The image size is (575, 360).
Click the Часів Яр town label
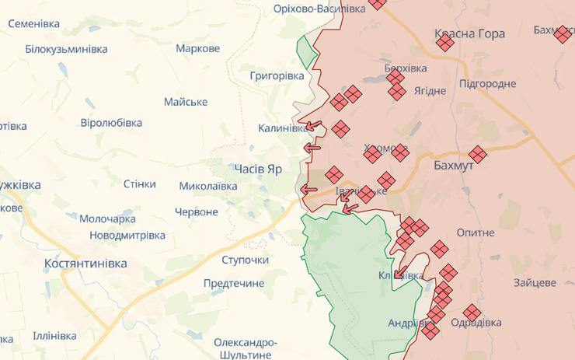258,168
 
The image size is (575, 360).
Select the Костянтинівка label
85,263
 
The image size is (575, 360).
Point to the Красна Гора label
469,33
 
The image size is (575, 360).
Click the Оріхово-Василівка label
319,9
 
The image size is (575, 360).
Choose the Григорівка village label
277,75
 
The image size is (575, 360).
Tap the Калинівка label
283,128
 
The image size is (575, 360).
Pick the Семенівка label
34,23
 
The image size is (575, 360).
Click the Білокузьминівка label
66,49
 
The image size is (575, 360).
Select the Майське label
186,102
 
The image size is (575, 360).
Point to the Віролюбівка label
111,123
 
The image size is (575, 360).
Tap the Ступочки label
245,260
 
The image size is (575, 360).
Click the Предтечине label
234,283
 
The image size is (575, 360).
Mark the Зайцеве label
534,283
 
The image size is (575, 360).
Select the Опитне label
476,232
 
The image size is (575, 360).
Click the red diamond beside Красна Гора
445,43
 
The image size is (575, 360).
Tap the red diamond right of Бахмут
478,155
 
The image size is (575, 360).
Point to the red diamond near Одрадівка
472,313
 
